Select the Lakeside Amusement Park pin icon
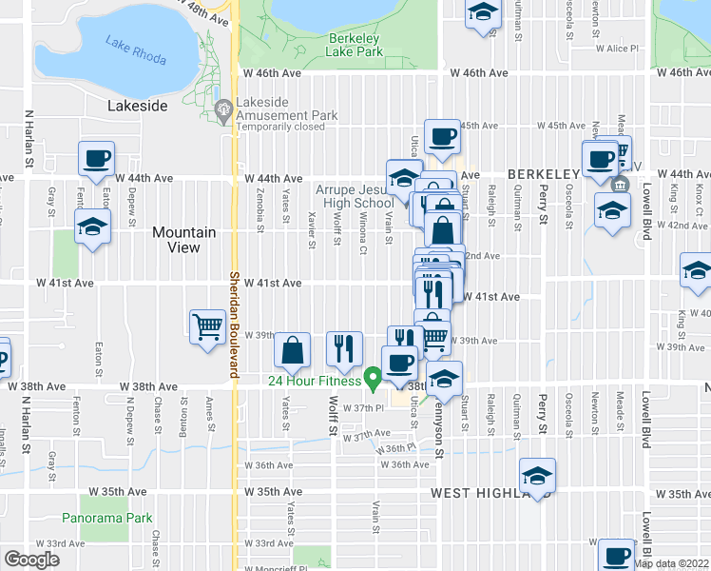224,109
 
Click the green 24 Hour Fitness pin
375,381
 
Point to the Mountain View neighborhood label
184,240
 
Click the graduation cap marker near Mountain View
92,226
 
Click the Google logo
32,560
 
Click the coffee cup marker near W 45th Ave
441,137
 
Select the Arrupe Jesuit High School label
354,197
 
